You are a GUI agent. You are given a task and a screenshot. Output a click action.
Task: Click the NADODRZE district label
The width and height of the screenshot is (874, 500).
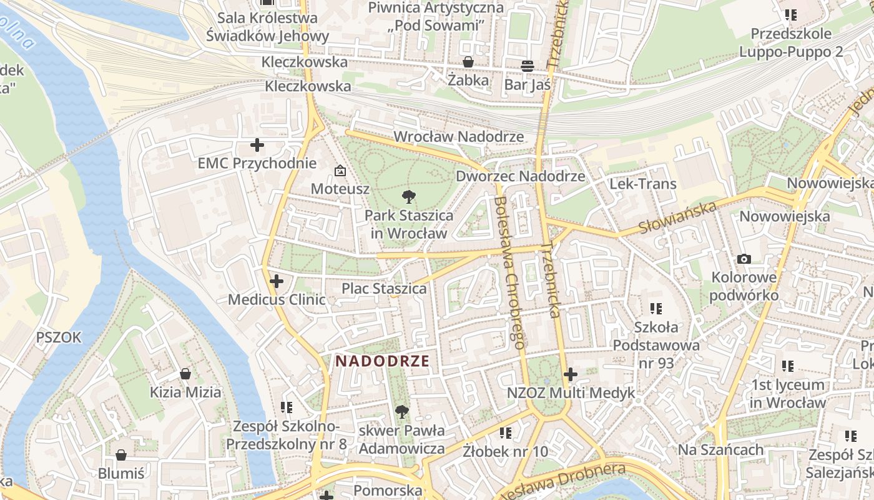(x=382, y=361)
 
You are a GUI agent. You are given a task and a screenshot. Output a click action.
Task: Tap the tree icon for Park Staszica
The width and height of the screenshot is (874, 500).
(x=409, y=197)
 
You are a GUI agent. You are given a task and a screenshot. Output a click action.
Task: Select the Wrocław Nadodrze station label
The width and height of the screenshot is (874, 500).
(x=459, y=136)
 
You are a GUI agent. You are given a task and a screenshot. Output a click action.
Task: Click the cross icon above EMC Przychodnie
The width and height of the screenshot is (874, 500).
(x=257, y=146)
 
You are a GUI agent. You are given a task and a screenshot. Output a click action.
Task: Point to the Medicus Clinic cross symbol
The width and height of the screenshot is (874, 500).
(x=277, y=281)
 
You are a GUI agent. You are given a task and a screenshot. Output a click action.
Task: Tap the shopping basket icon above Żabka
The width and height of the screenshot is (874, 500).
(x=468, y=62)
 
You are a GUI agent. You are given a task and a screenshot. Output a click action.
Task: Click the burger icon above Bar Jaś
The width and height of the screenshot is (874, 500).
(x=528, y=66)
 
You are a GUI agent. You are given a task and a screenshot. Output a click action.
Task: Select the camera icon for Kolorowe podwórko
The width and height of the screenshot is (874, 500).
(x=744, y=259)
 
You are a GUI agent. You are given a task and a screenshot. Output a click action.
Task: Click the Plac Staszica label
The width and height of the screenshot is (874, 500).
(x=384, y=288)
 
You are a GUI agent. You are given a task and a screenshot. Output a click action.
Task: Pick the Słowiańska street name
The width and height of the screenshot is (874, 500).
(x=678, y=218)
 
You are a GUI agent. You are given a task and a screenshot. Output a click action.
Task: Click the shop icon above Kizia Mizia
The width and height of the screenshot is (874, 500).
(x=185, y=374)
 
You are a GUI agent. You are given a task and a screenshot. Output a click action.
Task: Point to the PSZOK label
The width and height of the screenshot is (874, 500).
(x=59, y=337)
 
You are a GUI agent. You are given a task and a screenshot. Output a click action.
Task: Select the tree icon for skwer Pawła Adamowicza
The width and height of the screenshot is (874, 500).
(x=401, y=412)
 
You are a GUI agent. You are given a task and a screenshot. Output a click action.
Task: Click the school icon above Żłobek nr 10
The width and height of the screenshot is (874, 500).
(x=505, y=432)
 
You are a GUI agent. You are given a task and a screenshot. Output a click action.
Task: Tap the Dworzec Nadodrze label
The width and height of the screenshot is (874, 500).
(x=520, y=176)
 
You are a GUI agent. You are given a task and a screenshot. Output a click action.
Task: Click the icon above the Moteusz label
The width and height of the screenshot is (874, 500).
(x=340, y=170)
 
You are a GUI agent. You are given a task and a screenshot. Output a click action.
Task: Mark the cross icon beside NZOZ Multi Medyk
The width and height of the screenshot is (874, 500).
(x=570, y=374)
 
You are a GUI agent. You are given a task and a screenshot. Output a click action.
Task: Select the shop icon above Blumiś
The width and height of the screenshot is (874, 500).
(x=121, y=454)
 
